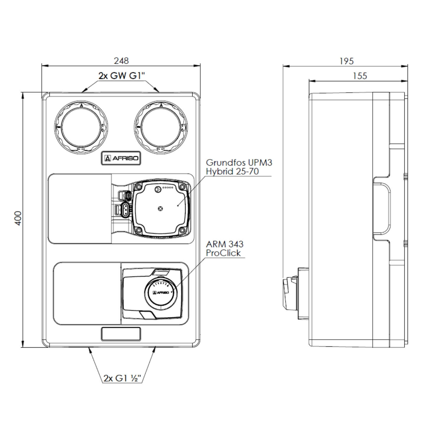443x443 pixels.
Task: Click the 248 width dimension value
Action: (121, 61)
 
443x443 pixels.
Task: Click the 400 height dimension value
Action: (18, 218)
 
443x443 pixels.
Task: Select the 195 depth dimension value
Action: (346, 61)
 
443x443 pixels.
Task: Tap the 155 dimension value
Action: (360, 76)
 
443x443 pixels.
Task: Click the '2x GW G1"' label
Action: (122, 76)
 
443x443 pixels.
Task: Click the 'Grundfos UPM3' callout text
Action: (239, 162)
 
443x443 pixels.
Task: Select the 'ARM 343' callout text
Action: (225, 244)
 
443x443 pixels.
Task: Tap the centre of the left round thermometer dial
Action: (81, 127)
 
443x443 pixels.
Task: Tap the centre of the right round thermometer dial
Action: (161, 127)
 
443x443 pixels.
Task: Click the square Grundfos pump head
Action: (160, 209)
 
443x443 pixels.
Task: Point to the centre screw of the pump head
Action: (160, 209)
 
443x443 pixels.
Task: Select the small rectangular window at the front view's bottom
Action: (121, 334)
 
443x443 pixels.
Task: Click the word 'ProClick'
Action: (223, 253)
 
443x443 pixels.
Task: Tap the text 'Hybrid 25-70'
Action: (232, 171)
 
